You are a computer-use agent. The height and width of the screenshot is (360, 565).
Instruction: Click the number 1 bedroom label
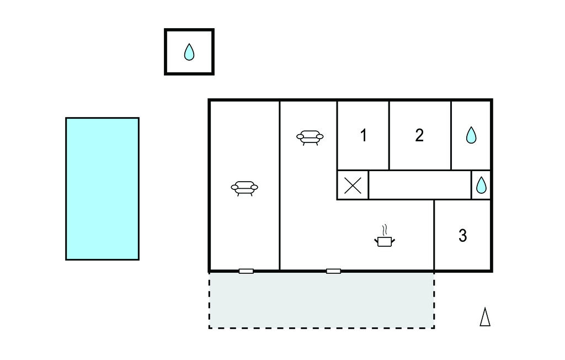point(364,136)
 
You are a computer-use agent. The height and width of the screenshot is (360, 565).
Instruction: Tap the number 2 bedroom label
point(419,135)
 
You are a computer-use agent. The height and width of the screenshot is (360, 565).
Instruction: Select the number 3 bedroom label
point(463,236)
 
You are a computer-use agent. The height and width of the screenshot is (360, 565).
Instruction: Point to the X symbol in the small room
point(353,186)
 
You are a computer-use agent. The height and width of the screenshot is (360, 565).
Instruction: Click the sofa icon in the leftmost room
point(244,188)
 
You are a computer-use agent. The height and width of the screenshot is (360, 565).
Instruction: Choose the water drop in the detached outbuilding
point(189,52)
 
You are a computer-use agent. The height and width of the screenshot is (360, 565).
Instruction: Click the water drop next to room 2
point(471,135)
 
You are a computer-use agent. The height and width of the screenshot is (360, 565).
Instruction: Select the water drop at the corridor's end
point(481,185)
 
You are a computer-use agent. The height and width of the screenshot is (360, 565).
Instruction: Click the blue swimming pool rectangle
point(102,189)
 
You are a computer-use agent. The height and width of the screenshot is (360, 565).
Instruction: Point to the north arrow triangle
point(485,317)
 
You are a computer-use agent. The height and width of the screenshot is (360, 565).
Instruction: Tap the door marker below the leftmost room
point(246,271)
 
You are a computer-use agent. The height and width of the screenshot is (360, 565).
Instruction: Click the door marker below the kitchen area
point(333,271)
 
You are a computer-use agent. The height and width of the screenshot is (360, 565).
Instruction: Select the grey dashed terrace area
point(322,300)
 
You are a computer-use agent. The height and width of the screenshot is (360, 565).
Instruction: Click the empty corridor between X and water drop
point(420,185)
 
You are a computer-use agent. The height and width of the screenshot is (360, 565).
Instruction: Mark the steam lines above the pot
point(385,230)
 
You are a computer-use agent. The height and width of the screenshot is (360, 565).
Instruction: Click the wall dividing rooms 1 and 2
point(389,135)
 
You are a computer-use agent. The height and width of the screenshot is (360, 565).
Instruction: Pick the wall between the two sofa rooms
point(280,186)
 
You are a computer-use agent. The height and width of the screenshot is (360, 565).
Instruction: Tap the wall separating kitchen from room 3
point(434,235)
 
